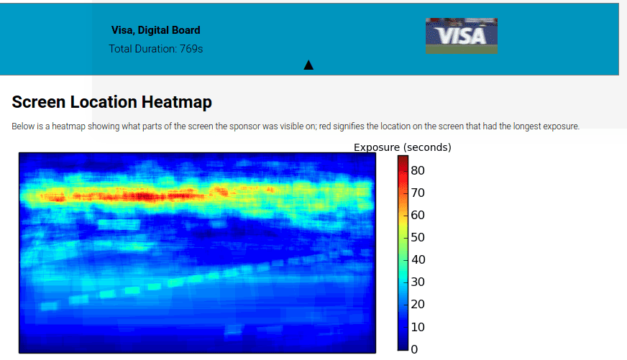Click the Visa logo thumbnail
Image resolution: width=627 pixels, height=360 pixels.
[462, 36]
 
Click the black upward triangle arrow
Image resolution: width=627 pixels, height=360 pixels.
[308, 65]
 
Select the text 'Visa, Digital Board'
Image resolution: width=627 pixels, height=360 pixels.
[155, 30]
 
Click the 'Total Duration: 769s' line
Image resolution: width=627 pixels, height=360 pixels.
[156, 49]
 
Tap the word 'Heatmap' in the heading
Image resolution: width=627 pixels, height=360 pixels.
[177, 102]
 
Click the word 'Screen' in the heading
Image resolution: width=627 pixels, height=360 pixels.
[39, 102]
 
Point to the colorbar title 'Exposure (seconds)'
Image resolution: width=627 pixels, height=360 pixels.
[402, 147]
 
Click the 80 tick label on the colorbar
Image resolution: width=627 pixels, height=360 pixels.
[418, 170]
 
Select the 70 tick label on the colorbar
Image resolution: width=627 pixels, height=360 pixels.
[418, 193]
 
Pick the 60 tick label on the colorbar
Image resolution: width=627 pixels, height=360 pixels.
[418, 216]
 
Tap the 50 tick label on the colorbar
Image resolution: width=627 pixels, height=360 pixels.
[418, 237]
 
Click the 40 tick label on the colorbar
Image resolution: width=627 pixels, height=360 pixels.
[418, 259]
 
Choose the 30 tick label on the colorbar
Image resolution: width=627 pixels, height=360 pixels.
[418, 282]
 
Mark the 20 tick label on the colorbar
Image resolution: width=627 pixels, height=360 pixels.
[418, 305]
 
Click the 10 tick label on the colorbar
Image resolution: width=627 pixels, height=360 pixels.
[418, 327]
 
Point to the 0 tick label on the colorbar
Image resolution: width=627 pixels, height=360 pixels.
[414, 350]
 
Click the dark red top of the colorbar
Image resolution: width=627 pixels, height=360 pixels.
[403, 160]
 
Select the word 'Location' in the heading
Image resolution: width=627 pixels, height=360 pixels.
[104, 102]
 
